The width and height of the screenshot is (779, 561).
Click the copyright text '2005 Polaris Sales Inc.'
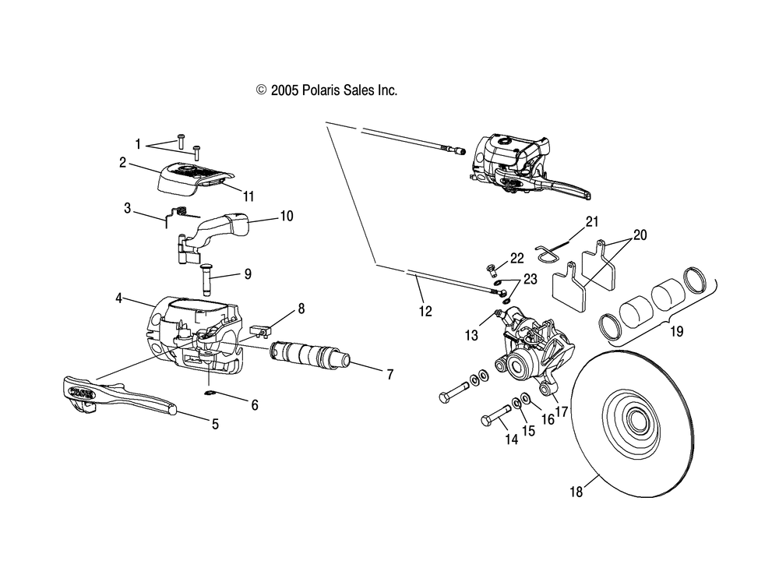pyautogui.click(x=334, y=90)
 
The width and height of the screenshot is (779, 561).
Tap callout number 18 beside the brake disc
pyautogui.click(x=576, y=492)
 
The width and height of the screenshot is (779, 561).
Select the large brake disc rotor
pyautogui.click(x=633, y=424)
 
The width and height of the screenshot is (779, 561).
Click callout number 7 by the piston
pyautogui.click(x=390, y=374)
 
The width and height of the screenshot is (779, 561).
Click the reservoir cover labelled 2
pyautogui.click(x=196, y=180)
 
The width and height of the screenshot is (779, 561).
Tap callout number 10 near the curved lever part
pyautogui.click(x=287, y=216)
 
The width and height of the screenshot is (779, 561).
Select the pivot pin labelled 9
pyautogui.click(x=207, y=279)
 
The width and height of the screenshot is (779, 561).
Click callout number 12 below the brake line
pyautogui.click(x=425, y=311)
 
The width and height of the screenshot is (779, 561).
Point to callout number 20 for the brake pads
pyautogui.click(x=640, y=235)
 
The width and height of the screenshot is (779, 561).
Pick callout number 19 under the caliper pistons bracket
pyautogui.click(x=677, y=331)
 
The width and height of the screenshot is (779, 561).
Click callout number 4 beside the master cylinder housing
pyautogui.click(x=118, y=298)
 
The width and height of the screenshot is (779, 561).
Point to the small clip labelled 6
pyautogui.click(x=210, y=393)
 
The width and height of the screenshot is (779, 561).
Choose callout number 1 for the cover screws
pyautogui.click(x=138, y=144)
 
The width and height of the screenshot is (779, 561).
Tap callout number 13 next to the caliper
pyautogui.click(x=471, y=335)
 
